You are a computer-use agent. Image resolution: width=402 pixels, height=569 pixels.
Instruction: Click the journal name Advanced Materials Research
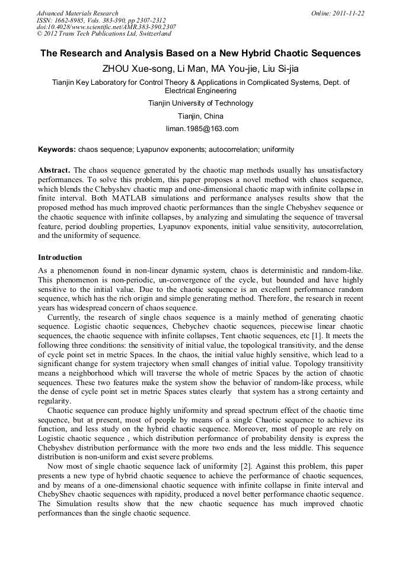pyautogui.click(x=77, y=13)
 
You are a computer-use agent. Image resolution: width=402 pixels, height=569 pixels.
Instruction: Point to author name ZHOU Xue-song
pyautogui.click(x=132, y=68)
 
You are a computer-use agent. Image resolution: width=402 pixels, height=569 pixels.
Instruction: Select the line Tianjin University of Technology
pyautogui.click(x=200, y=103)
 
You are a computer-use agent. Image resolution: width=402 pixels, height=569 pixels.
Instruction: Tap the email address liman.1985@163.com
pyautogui.click(x=200, y=129)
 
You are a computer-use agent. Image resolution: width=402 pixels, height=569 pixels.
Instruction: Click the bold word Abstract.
pyautogui.click(x=55, y=169)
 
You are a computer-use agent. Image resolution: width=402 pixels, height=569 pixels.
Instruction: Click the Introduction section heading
pyautogui.click(x=60, y=258)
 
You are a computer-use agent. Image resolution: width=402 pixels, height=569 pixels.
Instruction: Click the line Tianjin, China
pyautogui.click(x=200, y=116)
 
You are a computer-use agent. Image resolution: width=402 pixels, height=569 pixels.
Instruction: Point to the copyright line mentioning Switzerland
pyautogui.click(x=104, y=34)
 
